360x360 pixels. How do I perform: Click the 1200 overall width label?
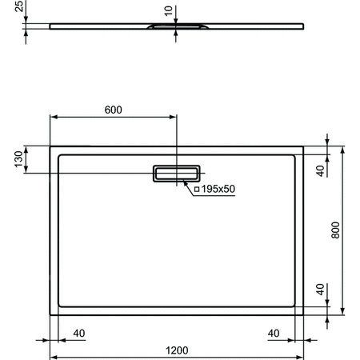(177, 350)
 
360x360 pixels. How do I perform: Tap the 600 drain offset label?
(114, 110)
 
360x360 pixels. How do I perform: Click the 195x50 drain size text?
(218, 189)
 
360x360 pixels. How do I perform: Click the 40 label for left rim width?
(79, 332)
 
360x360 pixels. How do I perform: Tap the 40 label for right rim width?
(274, 332)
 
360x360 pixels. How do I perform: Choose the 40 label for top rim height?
(320, 170)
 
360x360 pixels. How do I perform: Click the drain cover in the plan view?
(177, 173)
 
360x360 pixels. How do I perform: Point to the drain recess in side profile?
(177, 29)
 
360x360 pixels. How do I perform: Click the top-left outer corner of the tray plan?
(50, 146)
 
